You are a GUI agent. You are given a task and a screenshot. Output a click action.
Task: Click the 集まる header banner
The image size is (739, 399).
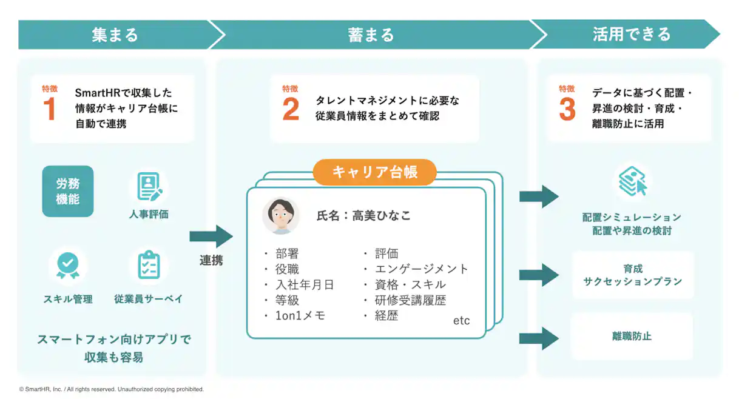coord(115,35)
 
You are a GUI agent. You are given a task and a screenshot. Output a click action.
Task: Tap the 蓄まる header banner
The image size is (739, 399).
coord(371,35)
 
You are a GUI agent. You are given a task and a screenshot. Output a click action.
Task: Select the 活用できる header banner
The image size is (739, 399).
coord(631,35)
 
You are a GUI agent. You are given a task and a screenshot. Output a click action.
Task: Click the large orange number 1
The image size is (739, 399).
coord(49,110)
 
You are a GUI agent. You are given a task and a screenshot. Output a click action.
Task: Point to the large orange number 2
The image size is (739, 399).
coord(291,110)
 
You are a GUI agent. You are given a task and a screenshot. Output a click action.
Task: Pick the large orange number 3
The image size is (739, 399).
coord(567,110)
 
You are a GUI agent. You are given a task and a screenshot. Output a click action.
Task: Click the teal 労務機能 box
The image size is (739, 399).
coord(68,191)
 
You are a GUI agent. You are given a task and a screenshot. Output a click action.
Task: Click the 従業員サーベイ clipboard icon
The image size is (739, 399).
coord(149,266)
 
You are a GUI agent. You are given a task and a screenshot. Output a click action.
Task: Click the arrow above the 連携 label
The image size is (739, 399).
coord(211,236)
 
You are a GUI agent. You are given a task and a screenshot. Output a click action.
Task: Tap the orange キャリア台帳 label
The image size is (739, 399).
coord(374,172)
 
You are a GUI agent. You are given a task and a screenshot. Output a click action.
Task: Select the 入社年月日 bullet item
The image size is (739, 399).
coord(304,284)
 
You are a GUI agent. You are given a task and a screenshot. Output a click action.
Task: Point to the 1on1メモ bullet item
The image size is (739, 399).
coord(300,315)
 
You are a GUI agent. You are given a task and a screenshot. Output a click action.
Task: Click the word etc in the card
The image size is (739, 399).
coord(461,321)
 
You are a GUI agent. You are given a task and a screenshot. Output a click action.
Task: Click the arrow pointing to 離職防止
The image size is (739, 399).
coord(539,338)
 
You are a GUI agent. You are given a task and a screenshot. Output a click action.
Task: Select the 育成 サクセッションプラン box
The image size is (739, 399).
coord(632,275)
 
